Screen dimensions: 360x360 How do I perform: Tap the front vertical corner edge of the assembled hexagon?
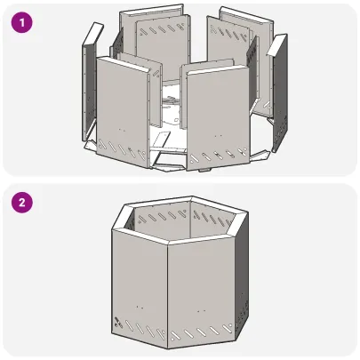168,293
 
